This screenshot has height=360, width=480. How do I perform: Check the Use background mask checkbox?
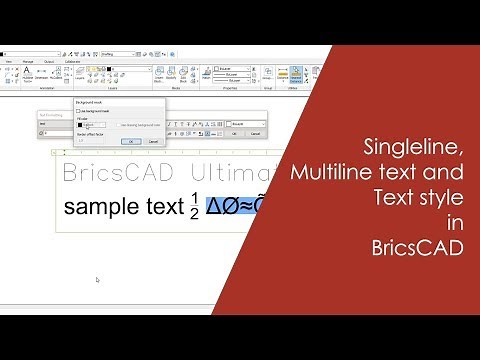tap(79, 111)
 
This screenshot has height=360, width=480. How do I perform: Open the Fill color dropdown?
tap(94, 124)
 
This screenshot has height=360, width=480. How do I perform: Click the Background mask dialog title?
tap(95, 102)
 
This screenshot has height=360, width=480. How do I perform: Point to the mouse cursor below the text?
tap(97, 280)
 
